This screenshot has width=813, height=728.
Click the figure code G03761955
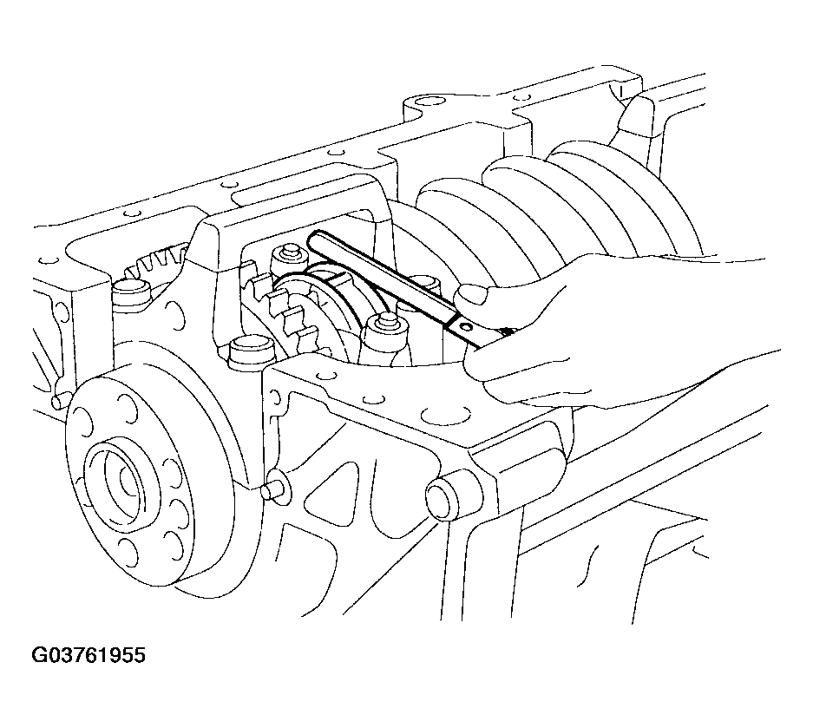click(89, 655)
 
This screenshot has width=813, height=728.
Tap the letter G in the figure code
click(39, 655)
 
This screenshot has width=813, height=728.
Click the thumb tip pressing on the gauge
click(471, 296)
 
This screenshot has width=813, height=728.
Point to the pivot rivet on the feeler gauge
click(465, 326)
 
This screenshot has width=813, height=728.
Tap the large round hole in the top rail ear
click(426, 102)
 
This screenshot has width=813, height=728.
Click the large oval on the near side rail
click(446, 416)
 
